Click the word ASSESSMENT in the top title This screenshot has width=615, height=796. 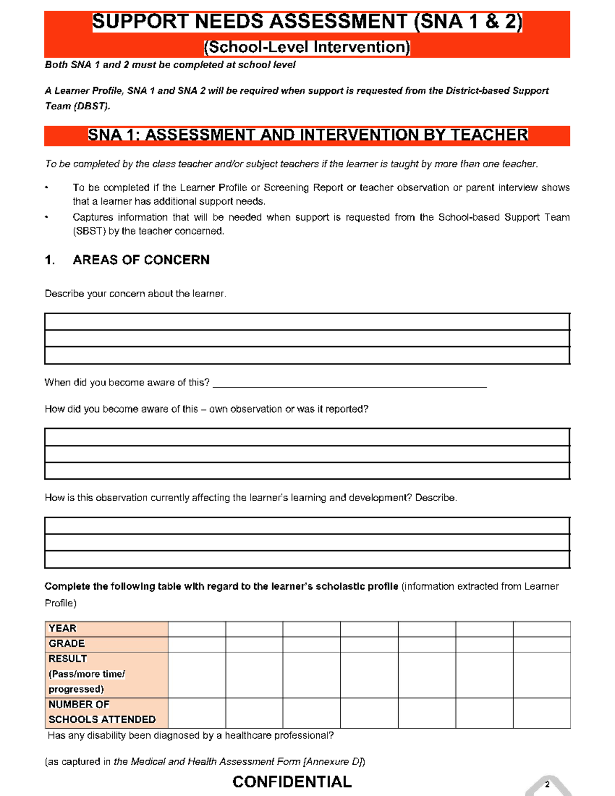coord(338,22)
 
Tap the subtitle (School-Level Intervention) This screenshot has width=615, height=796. coord(307,47)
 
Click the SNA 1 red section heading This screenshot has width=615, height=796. coord(307,135)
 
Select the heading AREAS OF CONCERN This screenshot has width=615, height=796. coord(141,260)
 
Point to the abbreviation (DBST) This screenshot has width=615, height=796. coord(92,106)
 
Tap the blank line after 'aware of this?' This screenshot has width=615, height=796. coord(349,383)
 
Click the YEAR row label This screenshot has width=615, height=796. coord(63,628)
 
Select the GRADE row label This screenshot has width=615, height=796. coord(67,644)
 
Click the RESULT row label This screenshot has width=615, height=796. coord(68,659)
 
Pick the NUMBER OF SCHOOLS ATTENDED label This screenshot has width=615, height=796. coord(101,712)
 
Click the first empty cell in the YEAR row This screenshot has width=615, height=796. coord(197,629)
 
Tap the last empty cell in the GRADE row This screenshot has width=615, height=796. coord(541,644)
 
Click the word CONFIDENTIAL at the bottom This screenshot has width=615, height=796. coord(292,782)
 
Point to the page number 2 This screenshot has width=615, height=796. coord(547,784)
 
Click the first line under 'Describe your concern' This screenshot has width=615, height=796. coord(307,322)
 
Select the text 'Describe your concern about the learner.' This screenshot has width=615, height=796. coord(135,294)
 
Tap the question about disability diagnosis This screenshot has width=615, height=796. coord(191,736)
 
